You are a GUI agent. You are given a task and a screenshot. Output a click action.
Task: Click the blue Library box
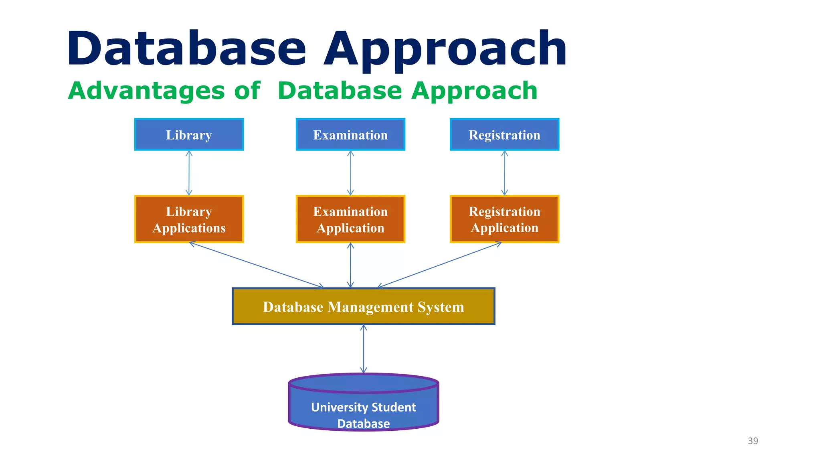pos(189,135)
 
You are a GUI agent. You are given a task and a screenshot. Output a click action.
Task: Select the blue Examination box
pos(350,135)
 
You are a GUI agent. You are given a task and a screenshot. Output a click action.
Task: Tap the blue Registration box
pos(504,135)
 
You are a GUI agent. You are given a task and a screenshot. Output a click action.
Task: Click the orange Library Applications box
pos(189,219)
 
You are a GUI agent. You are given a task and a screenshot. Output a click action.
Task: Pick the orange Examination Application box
pos(350,219)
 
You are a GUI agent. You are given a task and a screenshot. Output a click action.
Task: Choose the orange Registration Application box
pos(504,219)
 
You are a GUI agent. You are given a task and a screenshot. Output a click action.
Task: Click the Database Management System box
pos(363,306)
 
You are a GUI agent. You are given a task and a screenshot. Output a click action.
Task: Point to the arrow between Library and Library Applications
pos(189,173)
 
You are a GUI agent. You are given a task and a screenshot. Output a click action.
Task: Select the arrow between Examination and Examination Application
pos(350,173)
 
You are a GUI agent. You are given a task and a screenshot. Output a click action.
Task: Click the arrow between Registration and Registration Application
pos(504,173)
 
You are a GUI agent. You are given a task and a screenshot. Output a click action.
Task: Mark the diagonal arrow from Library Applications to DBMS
pos(257,265)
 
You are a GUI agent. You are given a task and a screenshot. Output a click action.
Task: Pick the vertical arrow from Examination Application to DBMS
pos(350,265)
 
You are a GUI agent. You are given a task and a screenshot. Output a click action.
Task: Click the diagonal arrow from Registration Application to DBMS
pos(439,265)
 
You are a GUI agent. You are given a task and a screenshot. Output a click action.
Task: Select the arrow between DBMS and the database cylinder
pos(363,349)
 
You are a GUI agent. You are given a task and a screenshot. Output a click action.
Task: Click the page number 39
pos(753,441)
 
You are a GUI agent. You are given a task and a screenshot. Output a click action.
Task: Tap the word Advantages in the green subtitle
pos(146,91)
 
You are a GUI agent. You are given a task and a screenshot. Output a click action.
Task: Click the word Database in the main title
pos(186,49)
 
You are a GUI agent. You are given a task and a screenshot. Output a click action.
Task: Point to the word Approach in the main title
pos(445,49)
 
